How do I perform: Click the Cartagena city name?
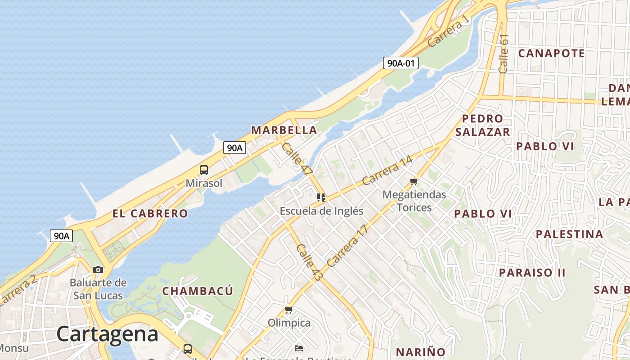coord(108,334)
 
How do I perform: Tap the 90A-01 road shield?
coord(400,63)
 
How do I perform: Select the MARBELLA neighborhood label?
coord(284,130)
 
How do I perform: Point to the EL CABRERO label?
coord(150,214)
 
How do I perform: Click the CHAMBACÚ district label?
coord(198,291)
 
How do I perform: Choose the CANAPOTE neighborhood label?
coord(551,54)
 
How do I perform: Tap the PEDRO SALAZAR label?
coord(482,125)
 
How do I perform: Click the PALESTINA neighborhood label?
coord(569,234)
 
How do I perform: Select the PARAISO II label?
coord(532,273)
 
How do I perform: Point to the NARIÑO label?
coord(420,351)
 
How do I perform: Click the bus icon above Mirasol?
coord(204,170)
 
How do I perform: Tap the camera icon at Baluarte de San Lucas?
coord(98,270)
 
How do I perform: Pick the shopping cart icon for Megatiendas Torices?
coord(414,182)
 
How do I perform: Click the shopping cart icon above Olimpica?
coord(289,310)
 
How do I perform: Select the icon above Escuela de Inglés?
coord(321,198)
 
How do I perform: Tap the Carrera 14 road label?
coord(387,170)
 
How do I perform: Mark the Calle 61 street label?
coord(504,54)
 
